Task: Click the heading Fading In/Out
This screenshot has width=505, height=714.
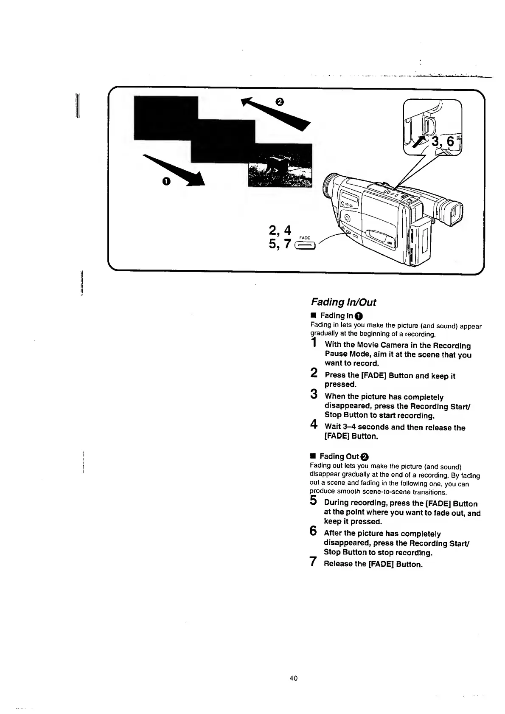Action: coord(343,302)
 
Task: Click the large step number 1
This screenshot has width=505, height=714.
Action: coord(314,343)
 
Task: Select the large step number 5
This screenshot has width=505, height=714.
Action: coord(314,501)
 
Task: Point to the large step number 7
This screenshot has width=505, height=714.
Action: coord(313,562)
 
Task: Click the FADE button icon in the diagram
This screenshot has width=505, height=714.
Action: coord(306,245)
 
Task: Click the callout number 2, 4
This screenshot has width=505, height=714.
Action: coord(280,230)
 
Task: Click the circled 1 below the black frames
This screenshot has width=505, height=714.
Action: coord(166,182)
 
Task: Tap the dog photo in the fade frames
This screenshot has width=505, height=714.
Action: coord(280,169)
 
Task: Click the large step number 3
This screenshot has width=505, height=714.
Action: coord(314,394)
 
